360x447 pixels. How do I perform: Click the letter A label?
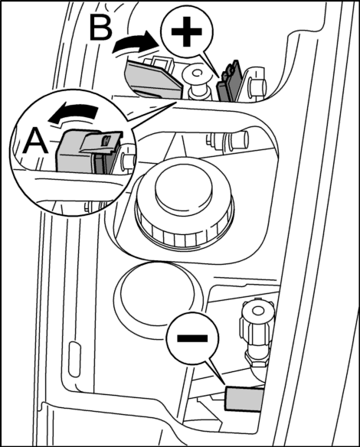click(x=35, y=140)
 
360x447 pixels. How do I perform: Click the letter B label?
click(x=100, y=28)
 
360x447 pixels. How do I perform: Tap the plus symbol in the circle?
click(x=187, y=31)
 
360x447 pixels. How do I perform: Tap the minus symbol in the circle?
click(x=192, y=338)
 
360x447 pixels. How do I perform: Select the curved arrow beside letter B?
click(x=134, y=43)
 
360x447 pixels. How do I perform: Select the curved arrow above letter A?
click(x=73, y=114)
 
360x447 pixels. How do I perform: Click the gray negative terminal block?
click(x=244, y=399)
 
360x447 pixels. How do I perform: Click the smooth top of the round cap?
click(x=184, y=189)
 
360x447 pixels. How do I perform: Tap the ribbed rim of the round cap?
click(x=185, y=225)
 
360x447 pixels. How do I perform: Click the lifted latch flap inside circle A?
click(x=100, y=141)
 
